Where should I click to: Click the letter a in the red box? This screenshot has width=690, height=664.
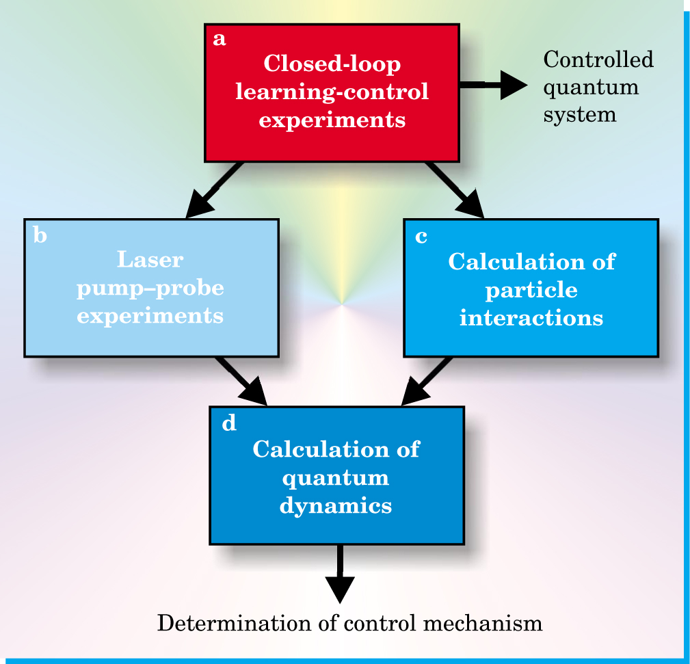[x=220, y=40]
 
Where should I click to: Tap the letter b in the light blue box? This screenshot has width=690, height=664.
[x=40, y=236]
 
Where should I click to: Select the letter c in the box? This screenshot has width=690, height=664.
[x=421, y=237]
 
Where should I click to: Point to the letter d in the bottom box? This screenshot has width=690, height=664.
[x=229, y=424]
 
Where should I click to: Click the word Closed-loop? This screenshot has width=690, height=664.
[x=332, y=64]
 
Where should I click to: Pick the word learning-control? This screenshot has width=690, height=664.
[x=332, y=92]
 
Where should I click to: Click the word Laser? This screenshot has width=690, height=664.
[x=150, y=260]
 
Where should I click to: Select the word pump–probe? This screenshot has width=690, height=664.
[x=150, y=289]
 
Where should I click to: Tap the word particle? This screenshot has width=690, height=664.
[x=531, y=290]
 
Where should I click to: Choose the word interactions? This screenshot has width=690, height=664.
[x=531, y=318]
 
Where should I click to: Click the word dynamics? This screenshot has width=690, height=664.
[x=336, y=506]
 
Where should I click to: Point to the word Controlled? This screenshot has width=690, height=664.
[x=598, y=60]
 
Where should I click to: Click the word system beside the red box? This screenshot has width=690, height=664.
[x=580, y=114]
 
